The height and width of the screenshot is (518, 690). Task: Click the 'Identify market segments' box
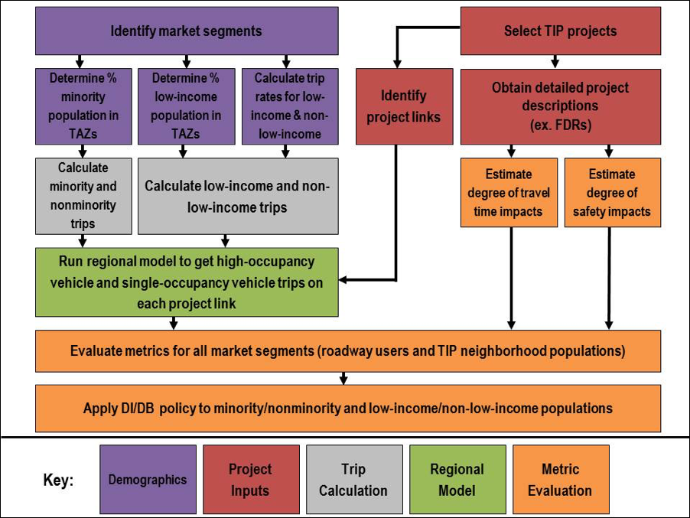pyautogui.click(x=187, y=31)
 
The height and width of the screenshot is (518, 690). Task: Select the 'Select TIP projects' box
pyautogui.click(x=560, y=31)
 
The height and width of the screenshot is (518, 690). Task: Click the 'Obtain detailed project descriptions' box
pyautogui.click(x=560, y=106)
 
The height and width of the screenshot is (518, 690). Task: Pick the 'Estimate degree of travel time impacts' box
pyautogui.click(x=509, y=193)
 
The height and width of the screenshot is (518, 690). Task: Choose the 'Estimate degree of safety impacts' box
pyautogui.click(x=612, y=193)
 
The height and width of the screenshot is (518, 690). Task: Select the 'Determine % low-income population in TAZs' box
pyautogui.click(x=185, y=106)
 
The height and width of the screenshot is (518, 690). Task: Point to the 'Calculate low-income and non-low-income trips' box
pyautogui.click(x=237, y=195)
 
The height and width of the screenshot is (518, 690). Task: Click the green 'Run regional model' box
pyautogui.click(x=186, y=282)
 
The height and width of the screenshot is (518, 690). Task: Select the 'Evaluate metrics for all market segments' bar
pyautogui.click(x=347, y=351)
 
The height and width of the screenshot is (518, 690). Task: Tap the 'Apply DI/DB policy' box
pyautogui.click(x=347, y=408)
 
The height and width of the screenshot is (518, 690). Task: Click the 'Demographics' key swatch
pyautogui.click(x=148, y=480)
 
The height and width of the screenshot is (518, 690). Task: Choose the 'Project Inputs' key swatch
pyautogui.click(x=250, y=480)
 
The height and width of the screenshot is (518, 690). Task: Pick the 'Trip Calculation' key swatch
pyautogui.click(x=353, y=480)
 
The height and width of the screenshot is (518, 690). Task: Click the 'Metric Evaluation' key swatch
pyautogui.click(x=560, y=480)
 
